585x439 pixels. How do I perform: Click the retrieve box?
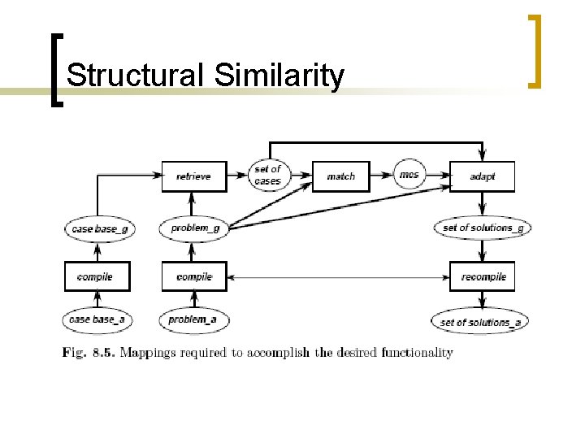point(193,176)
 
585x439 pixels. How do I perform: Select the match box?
point(340,176)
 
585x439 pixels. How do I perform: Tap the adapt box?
point(482,176)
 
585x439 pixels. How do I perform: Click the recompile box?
point(483,277)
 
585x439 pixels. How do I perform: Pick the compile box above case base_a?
point(97,277)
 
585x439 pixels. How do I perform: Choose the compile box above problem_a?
point(193,277)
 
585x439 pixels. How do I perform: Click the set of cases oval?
point(266,175)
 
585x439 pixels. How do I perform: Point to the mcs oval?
point(408,175)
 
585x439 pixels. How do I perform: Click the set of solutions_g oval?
point(483,228)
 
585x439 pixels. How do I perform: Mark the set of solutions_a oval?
point(481,323)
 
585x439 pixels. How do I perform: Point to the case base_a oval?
point(97,320)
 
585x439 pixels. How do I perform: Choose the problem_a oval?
point(193,320)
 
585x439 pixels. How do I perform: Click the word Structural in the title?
point(133,76)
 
